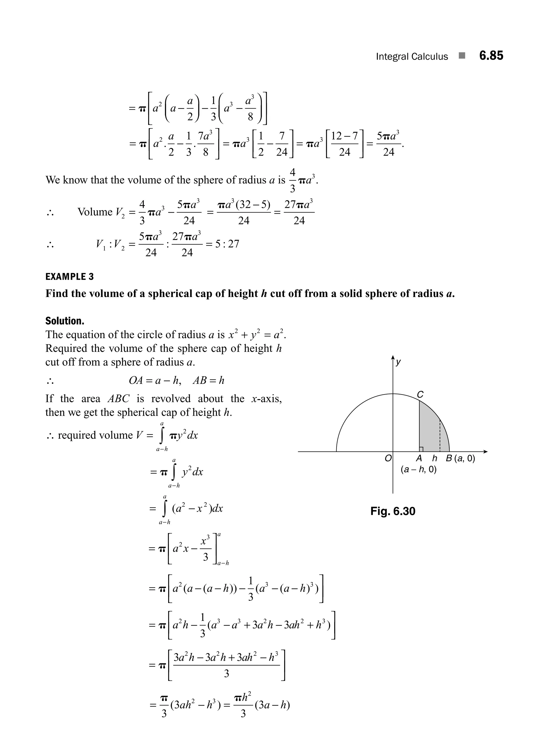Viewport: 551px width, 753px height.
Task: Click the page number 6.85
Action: pos(491,55)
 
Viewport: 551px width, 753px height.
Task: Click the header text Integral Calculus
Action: pos(412,57)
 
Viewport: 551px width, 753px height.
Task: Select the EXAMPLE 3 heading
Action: pos(69,277)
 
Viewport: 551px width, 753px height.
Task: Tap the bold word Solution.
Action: pos(65,321)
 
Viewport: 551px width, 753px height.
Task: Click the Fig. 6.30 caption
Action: pos(393,511)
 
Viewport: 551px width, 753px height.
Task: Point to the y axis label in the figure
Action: pos(398,362)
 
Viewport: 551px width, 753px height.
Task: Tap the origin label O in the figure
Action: pos(388,458)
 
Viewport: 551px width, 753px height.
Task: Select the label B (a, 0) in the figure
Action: pos(460,458)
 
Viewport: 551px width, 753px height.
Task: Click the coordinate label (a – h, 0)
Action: pos(419,470)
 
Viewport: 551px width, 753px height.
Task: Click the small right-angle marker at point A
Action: pos(421,449)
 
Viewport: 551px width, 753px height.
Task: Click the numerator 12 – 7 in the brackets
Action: pos(345,136)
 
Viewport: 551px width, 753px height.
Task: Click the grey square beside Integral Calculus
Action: pos(462,56)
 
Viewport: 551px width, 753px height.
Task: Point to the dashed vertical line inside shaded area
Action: pos(440,436)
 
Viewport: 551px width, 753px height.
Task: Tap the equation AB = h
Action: pos(209,380)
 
